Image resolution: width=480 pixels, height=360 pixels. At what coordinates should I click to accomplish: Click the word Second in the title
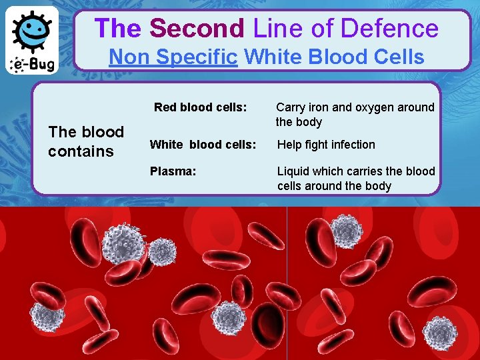pyautogui.click(x=197, y=29)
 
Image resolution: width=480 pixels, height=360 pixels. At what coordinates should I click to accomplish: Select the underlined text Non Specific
pyautogui.click(x=173, y=57)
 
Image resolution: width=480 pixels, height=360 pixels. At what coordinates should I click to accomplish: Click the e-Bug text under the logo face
pyautogui.click(x=33, y=65)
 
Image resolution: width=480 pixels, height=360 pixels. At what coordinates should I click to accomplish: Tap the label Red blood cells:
pyautogui.click(x=201, y=107)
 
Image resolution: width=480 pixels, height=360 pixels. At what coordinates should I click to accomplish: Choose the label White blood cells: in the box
pyautogui.click(x=203, y=145)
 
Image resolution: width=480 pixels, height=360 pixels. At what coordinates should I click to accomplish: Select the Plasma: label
pyautogui.click(x=173, y=171)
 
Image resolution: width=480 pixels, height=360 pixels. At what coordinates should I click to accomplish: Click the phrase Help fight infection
pyautogui.click(x=326, y=145)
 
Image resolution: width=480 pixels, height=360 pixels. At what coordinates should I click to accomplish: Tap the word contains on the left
pyautogui.click(x=81, y=151)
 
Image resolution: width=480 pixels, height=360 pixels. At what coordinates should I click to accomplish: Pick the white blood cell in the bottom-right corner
pyautogui.click(x=440, y=333)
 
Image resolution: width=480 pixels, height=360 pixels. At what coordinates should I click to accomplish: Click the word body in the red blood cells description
pyautogui.click(x=309, y=122)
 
